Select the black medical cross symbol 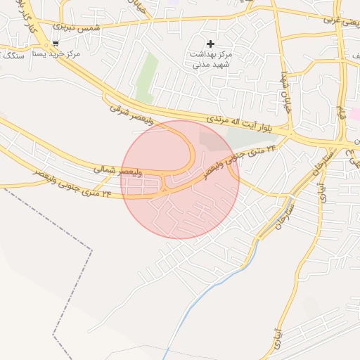click(x=210, y=44)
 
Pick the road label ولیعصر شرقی click(x=131, y=112)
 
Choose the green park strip click(x=146, y=79)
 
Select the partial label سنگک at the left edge click(x=13, y=54)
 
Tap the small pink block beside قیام click(x=355, y=113)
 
